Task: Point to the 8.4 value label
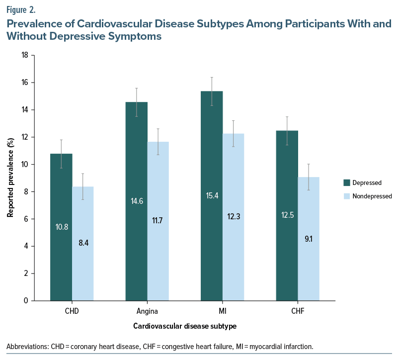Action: (x=82, y=244)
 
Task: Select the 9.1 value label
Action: (x=309, y=239)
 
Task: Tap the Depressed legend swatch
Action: (x=347, y=182)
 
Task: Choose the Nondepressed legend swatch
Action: (x=347, y=196)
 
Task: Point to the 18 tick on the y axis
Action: (x=24, y=55)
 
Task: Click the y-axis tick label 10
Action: (x=24, y=165)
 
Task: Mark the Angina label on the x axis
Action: (x=147, y=312)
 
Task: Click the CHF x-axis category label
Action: (x=298, y=312)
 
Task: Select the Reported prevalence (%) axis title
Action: (x=10, y=178)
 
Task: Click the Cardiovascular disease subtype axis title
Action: (x=184, y=327)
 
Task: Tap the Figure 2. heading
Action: (x=21, y=8)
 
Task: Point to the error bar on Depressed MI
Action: (x=212, y=91)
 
